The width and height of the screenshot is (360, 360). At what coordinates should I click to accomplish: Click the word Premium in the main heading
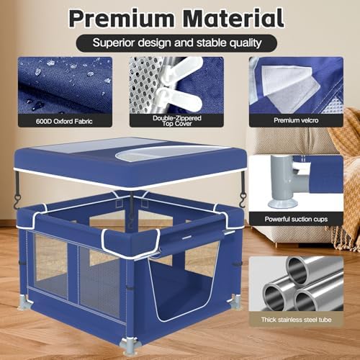122,19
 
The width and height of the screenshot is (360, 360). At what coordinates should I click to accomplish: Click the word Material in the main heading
233,18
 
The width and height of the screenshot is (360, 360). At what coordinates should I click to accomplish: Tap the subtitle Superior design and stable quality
177,42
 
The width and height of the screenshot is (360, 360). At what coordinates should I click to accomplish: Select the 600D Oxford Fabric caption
64,121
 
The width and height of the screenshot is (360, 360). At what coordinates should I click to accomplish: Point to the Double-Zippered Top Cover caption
177,121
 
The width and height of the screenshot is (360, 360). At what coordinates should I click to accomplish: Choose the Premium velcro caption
296,120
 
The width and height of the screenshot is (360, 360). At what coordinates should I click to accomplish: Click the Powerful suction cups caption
296,219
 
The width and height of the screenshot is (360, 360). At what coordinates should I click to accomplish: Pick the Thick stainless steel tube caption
296,320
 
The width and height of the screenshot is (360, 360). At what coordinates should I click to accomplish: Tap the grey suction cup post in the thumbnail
283,182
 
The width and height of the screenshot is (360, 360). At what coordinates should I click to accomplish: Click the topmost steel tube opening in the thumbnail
298,269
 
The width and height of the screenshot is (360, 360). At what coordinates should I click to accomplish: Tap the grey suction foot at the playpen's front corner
128,345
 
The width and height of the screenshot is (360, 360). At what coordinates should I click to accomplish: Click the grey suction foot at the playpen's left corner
24,302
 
